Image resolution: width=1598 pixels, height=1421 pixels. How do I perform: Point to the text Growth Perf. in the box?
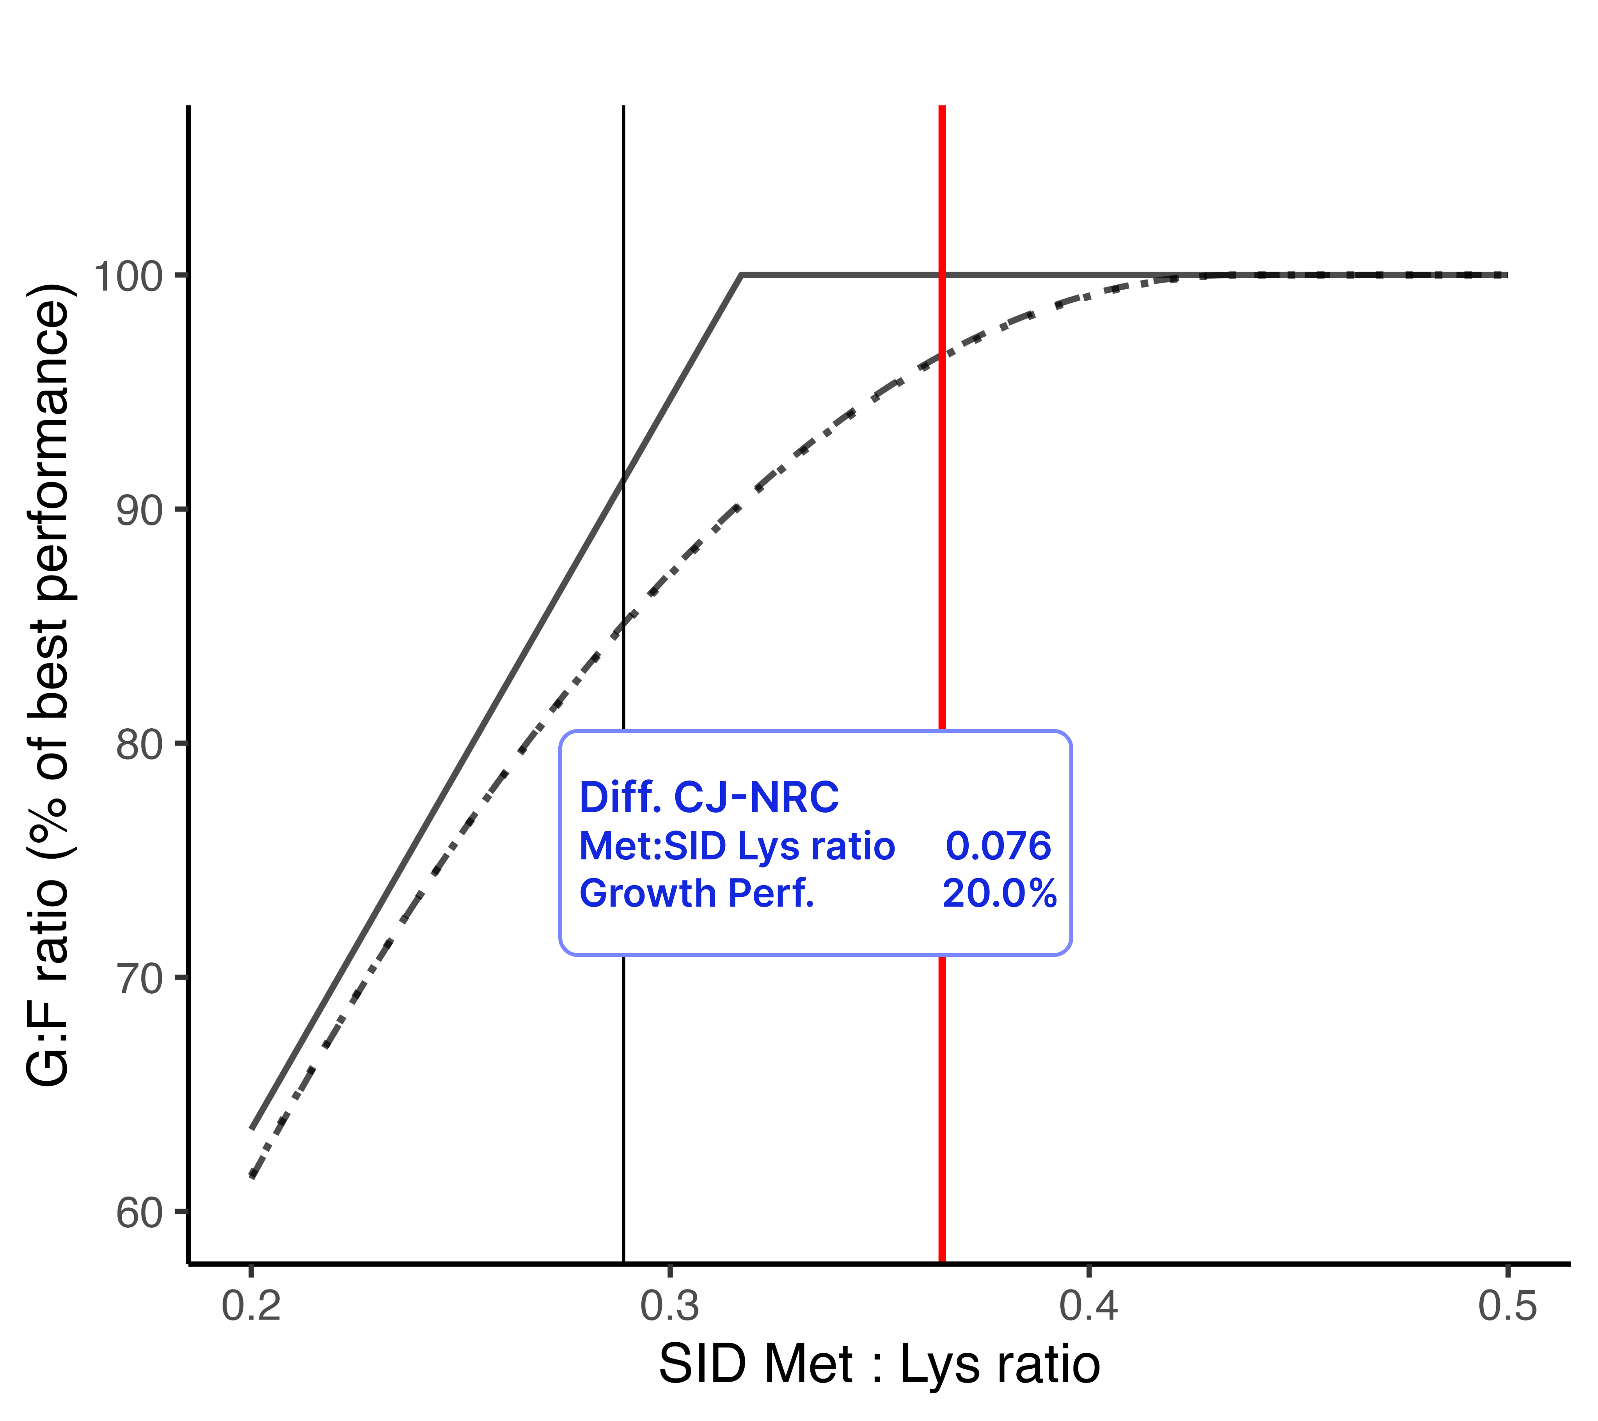pyautogui.click(x=696, y=893)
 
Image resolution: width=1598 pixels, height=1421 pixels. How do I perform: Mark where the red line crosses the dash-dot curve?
pyautogui.click(x=942, y=356)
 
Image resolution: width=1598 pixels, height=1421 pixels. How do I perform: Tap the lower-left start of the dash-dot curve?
pyautogui.click(x=252, y=1176)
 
